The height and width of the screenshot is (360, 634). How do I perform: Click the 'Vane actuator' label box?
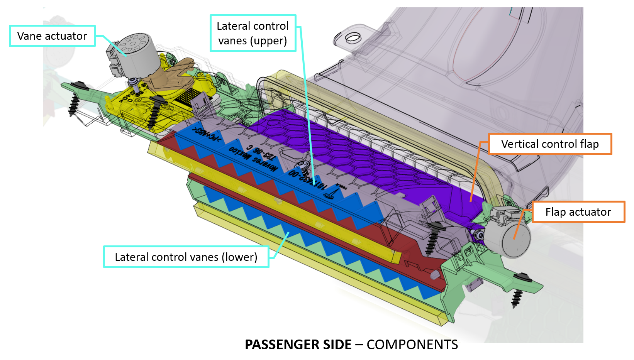point(52,36)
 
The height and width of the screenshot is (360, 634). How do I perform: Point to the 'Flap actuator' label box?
point(578,212)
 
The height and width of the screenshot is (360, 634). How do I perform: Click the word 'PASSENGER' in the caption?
point(298,344)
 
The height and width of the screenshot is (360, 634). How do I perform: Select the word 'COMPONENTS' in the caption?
point(412,344)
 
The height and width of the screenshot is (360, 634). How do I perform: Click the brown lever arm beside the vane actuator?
point(174,73)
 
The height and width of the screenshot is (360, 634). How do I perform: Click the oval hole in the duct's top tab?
point(353,38)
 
